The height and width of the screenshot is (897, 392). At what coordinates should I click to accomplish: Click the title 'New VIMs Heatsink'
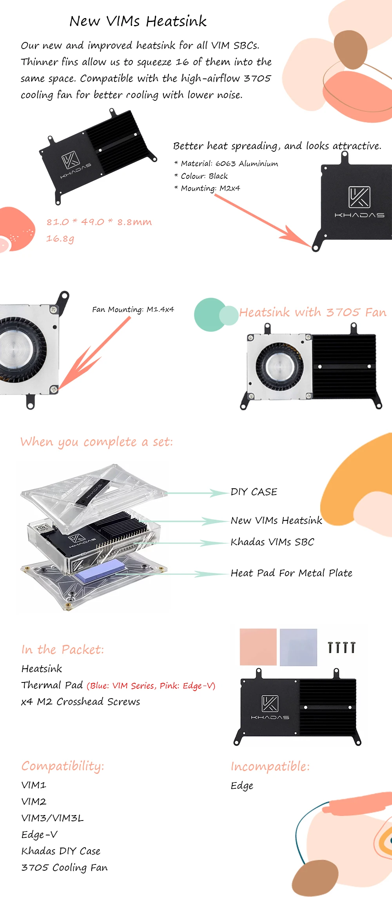[138, 21]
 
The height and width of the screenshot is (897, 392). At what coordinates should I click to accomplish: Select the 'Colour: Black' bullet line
[204, 176]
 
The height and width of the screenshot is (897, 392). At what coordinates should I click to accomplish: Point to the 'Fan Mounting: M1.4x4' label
[133, 309]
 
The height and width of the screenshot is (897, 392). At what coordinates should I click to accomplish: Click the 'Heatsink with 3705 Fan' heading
[313, 312]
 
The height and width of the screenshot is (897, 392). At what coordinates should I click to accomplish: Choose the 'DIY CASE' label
[254, 492]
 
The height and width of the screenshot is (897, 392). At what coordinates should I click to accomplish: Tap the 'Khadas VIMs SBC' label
[272, 542]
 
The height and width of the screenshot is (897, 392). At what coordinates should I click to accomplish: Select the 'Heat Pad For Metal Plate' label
[291, 573]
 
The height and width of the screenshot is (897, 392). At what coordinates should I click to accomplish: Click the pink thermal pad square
[258, 647]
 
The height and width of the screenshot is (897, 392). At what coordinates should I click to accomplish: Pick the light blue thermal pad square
[298, 647]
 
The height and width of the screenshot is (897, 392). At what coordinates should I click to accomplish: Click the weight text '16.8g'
[60, 238]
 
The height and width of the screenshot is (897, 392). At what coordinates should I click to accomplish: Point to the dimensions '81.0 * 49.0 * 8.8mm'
[99, 222]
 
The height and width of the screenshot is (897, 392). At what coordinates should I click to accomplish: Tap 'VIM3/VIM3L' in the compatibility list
[52, 818]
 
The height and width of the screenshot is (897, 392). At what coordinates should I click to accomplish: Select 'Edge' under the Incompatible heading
[242, 786]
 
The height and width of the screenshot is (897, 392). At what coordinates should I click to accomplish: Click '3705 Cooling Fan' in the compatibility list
[64, 868]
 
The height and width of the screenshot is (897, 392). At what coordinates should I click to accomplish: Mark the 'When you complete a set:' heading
[96, 442]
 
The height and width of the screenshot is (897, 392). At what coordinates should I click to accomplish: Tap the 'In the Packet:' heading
[63, 650]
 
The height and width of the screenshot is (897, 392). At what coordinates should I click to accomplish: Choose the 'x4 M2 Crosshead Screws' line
[80, 702]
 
